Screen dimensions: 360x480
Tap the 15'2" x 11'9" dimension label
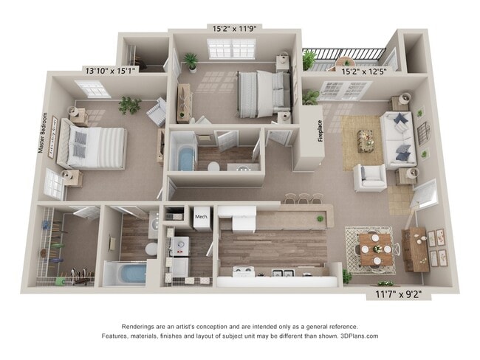pos(234,29)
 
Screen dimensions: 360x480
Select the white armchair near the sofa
pos(369,177)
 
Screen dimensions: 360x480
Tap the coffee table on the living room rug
pos(367,138)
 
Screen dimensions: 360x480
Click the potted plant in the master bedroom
pos(130,105)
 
